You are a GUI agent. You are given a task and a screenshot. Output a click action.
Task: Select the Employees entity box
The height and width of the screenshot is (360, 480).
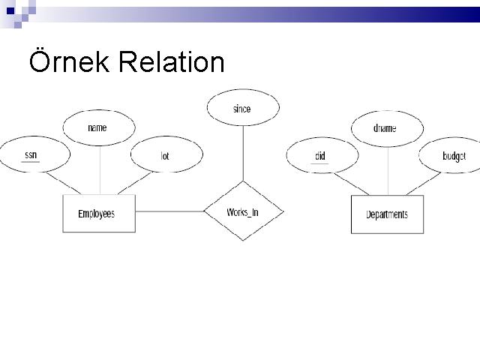tap(96, 214)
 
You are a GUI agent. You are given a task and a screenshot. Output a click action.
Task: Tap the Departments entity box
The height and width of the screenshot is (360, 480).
tap(387, 214)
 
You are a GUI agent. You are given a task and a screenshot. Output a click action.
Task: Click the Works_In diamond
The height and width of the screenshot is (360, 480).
tap(243, 211)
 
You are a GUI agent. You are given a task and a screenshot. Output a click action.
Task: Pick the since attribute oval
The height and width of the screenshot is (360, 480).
tap(241, 109)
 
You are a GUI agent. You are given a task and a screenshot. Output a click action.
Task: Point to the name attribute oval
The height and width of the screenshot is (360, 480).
tap(97, 127)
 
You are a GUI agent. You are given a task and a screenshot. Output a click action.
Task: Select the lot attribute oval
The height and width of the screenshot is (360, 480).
tap(165, 156)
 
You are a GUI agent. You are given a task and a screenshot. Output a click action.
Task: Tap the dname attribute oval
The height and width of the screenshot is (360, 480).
tap(385, 128)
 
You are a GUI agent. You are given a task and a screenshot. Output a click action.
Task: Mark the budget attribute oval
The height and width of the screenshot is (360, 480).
tap(452, 156)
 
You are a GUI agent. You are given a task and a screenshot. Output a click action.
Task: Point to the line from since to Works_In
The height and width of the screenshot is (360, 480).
tap(241, 154)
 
